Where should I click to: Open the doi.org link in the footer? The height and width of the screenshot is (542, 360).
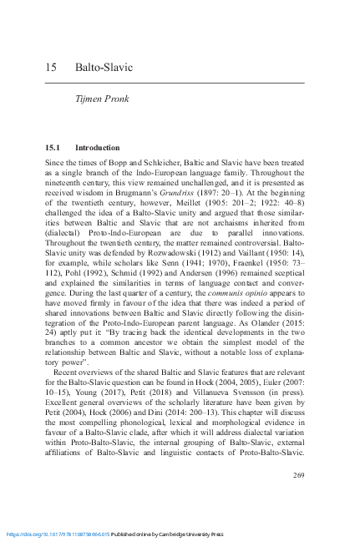click(x=58, y=531)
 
